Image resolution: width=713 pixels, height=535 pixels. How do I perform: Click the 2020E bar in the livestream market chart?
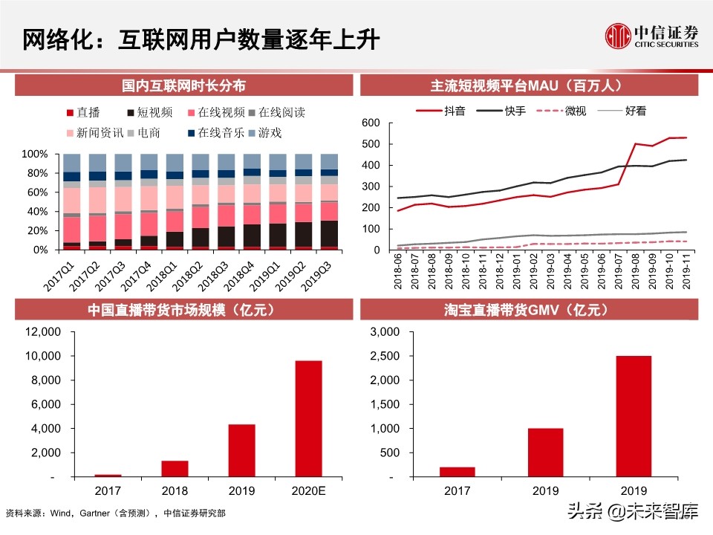(308, 418)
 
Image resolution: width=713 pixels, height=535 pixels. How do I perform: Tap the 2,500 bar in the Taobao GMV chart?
(634, 416)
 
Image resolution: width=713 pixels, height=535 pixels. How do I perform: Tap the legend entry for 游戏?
(264, 133)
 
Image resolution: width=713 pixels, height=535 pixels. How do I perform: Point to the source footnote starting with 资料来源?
(115, 513)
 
